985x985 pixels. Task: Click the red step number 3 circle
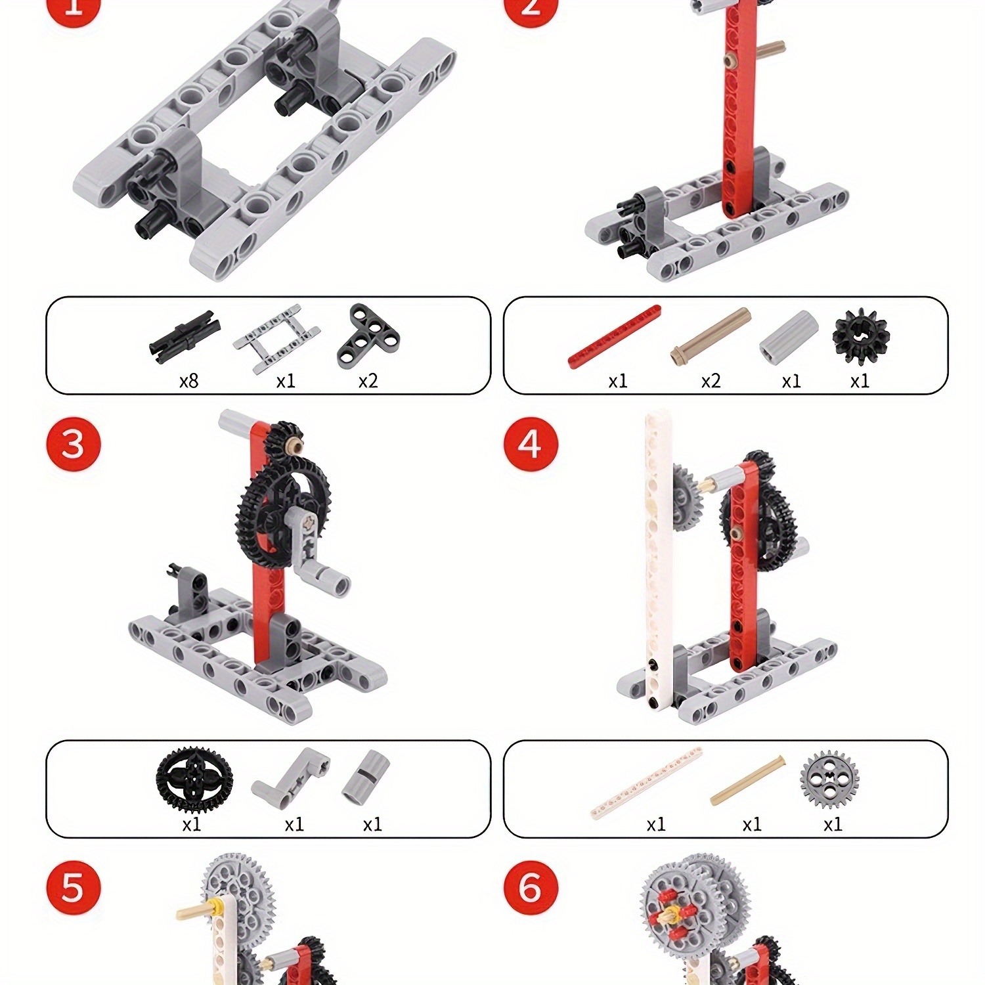click(74, 444)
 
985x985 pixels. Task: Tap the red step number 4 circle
click(531, 444)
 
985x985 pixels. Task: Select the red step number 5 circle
click(74, 888)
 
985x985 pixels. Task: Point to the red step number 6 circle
click(531, 888)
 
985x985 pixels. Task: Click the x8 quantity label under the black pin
click(188, 381)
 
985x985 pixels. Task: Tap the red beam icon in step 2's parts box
click(614, 336)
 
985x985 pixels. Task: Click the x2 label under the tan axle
click(711, 381)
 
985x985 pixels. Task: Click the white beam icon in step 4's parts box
click(647, 783)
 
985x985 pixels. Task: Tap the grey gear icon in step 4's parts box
click(830, 779)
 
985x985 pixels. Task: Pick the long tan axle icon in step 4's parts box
click(748, 781)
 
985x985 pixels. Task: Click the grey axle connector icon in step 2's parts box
click(789, 338)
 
